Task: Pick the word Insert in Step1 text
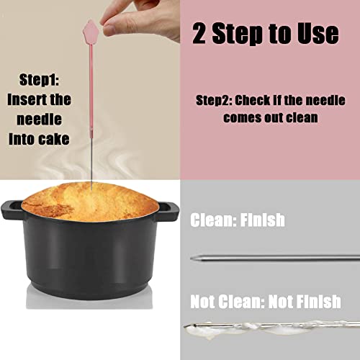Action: point(30,99)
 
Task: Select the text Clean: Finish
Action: point(237,220)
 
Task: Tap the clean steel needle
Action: point(274,256)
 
